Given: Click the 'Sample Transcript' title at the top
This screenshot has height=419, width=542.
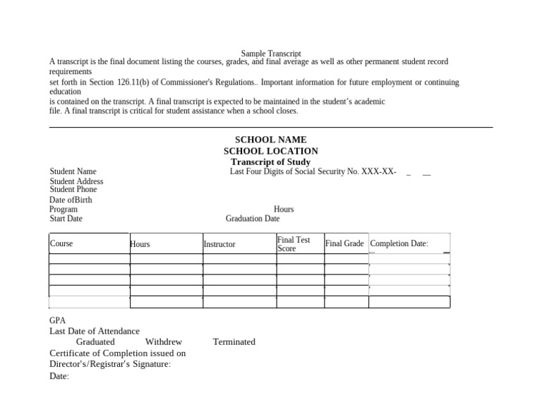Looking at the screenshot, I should pyautogui.click(x=271, y=54).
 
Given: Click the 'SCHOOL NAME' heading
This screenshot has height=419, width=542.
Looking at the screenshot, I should pyautogui.click(x=270, y=140).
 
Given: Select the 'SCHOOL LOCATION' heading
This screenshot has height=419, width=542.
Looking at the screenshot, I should pyautogui.click(x=270, y=151).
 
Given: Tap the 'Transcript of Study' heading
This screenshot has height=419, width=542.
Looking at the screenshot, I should pyautogui.click(x=270, y=162).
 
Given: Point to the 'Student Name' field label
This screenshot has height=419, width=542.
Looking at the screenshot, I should pyautogui.click(x=73, y=171).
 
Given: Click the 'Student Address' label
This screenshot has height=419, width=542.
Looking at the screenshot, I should pyautogui.click(x=76, y=181).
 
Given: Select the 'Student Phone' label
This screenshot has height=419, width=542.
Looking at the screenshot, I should pyautogui.click(x=73, y=189).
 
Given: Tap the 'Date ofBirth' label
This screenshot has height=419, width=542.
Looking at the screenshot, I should pyautogui.click(x=71, y=200).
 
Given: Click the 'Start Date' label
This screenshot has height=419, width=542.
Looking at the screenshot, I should pyautogui.click(x=66, y=219).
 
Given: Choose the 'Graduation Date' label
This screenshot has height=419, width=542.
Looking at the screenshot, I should pyautogui.click(x=253, y=219).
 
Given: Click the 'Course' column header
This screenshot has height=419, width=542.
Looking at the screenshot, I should pyautogui.click(x=61, y=243).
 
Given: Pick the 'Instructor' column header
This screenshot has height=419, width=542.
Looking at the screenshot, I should pyautogui.click(x=219, y=244).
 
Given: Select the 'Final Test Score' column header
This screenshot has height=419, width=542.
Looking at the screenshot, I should pyautogui.click(x=294, y=244).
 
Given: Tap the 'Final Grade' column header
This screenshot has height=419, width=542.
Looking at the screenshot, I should pyautogui.click(x=344, y=243).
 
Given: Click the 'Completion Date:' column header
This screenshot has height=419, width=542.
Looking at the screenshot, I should pyautogui.click(x=399, y=243).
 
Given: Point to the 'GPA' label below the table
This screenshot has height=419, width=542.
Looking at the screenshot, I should pyautogui.click(x=57, y=320).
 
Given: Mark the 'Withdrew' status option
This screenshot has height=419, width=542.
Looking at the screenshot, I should pyautogui.click(x=163, y=341).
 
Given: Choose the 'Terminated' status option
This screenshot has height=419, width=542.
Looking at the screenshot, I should pyautogui.click(x=234, y=341).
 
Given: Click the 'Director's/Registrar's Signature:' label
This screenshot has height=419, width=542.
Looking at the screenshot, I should pyautogui.click(x=110, y=364).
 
